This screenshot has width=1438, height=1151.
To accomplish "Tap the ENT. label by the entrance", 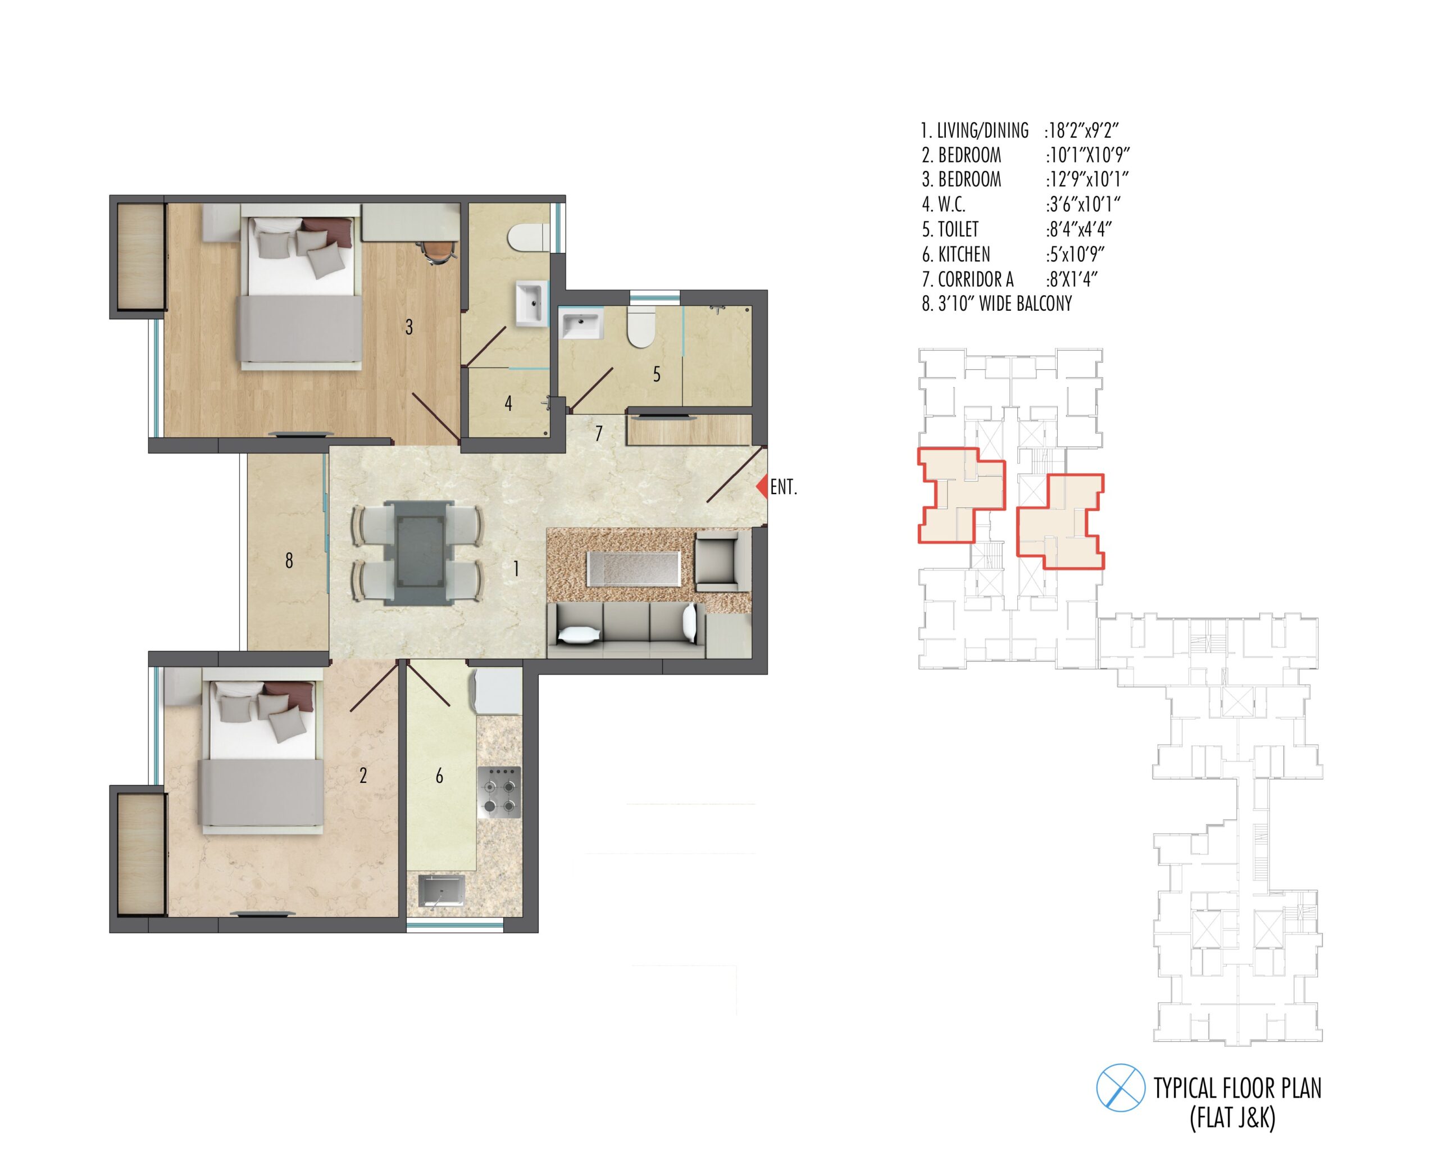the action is (784, 487).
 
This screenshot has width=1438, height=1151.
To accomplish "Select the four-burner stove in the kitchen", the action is (499, 792).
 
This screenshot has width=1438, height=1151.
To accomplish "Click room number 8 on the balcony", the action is (289, 561).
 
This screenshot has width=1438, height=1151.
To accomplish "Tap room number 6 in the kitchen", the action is (439, 776).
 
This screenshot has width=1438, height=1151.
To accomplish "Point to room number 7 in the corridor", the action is (599, 434).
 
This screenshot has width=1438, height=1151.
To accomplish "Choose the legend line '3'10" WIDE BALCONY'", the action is (996, 303).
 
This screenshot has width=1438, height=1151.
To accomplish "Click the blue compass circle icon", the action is (1121, 1087).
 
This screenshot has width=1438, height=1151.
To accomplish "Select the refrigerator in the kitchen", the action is (498, 692).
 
